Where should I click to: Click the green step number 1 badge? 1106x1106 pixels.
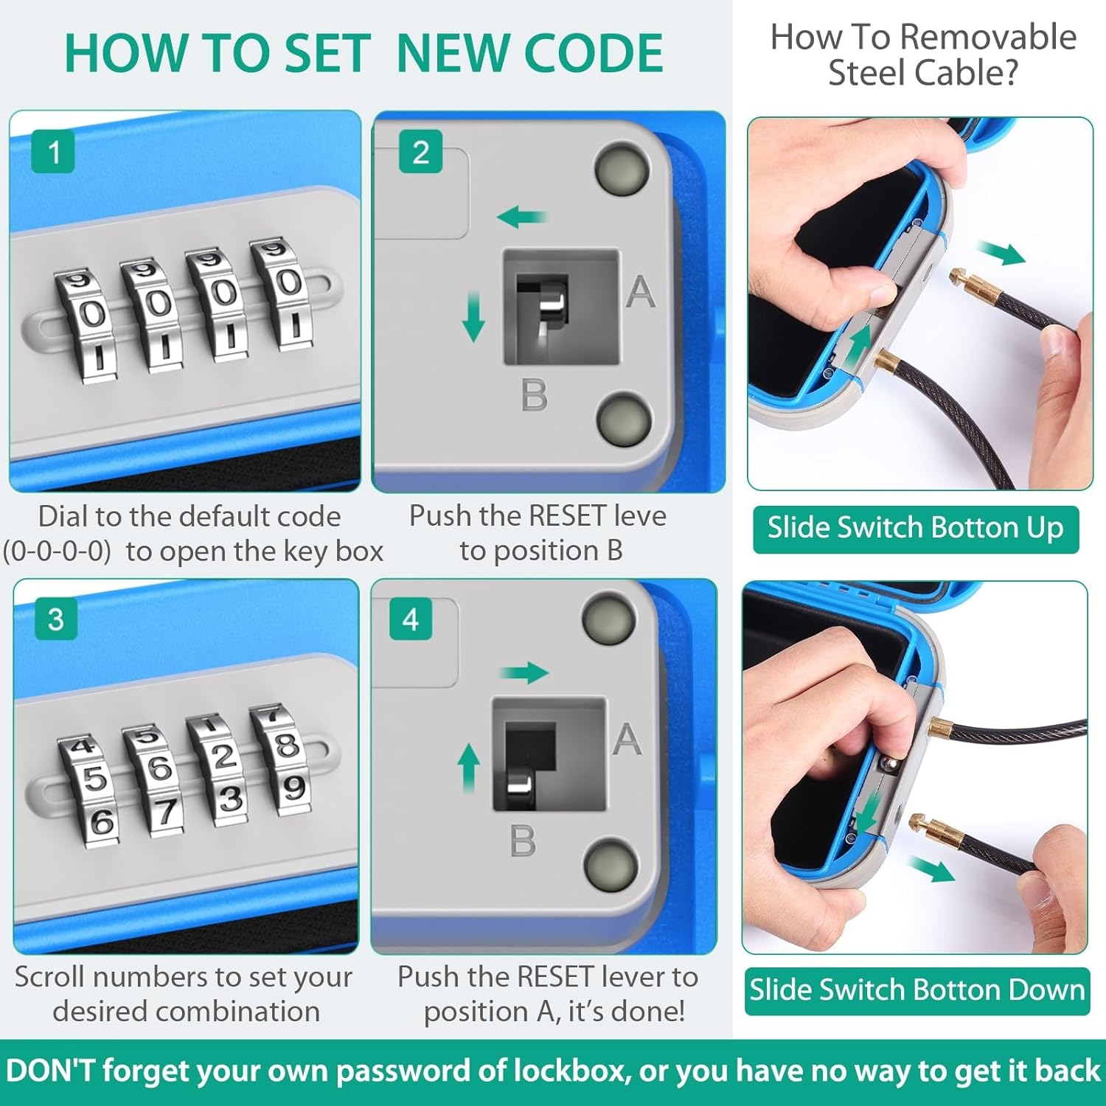click(x=53, y=152)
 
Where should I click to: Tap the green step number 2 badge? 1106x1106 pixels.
click(x=420, y=152)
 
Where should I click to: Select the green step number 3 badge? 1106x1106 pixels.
click(x=55, y=619)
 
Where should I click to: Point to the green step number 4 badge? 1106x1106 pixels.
click(x=411, y=619)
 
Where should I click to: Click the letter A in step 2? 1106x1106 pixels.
click(x=640, y=291)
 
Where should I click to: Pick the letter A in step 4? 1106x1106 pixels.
click(x=627, y=738)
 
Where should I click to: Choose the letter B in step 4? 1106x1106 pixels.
click(x=523, y=841)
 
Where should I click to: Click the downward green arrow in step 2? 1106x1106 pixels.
click(x=473, y=316)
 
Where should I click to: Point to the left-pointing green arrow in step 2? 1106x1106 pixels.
click(x=522, y=217)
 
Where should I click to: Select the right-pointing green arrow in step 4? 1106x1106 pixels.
click(x=524, y=672)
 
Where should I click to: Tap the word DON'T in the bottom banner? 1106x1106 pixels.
click(x=51, y=1071)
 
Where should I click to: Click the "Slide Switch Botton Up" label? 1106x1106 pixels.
click(x=916, y=529)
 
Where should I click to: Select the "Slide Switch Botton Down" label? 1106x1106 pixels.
click(x=917, y=990)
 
